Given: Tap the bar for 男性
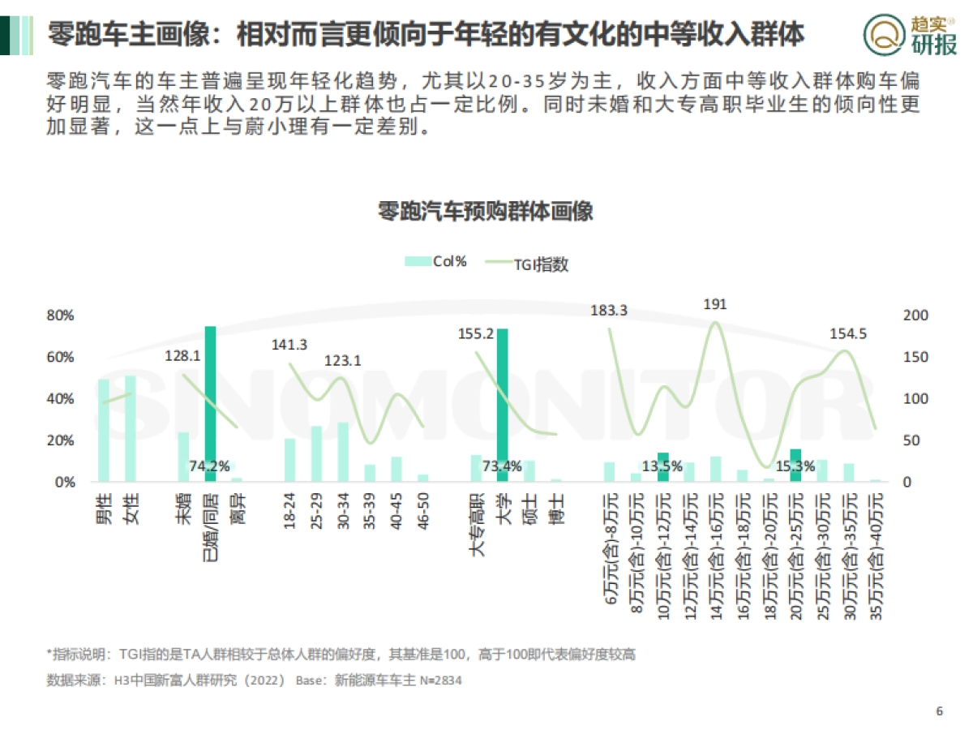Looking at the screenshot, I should point(104,430).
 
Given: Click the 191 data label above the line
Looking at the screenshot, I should point(715,304).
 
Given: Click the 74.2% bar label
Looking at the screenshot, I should point(209,466).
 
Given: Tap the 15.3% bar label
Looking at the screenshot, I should point(795,466).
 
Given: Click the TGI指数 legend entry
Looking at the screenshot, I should point(527,263).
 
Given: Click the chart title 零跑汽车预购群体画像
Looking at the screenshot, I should point(486,213).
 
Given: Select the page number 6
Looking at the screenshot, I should point(940,711).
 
